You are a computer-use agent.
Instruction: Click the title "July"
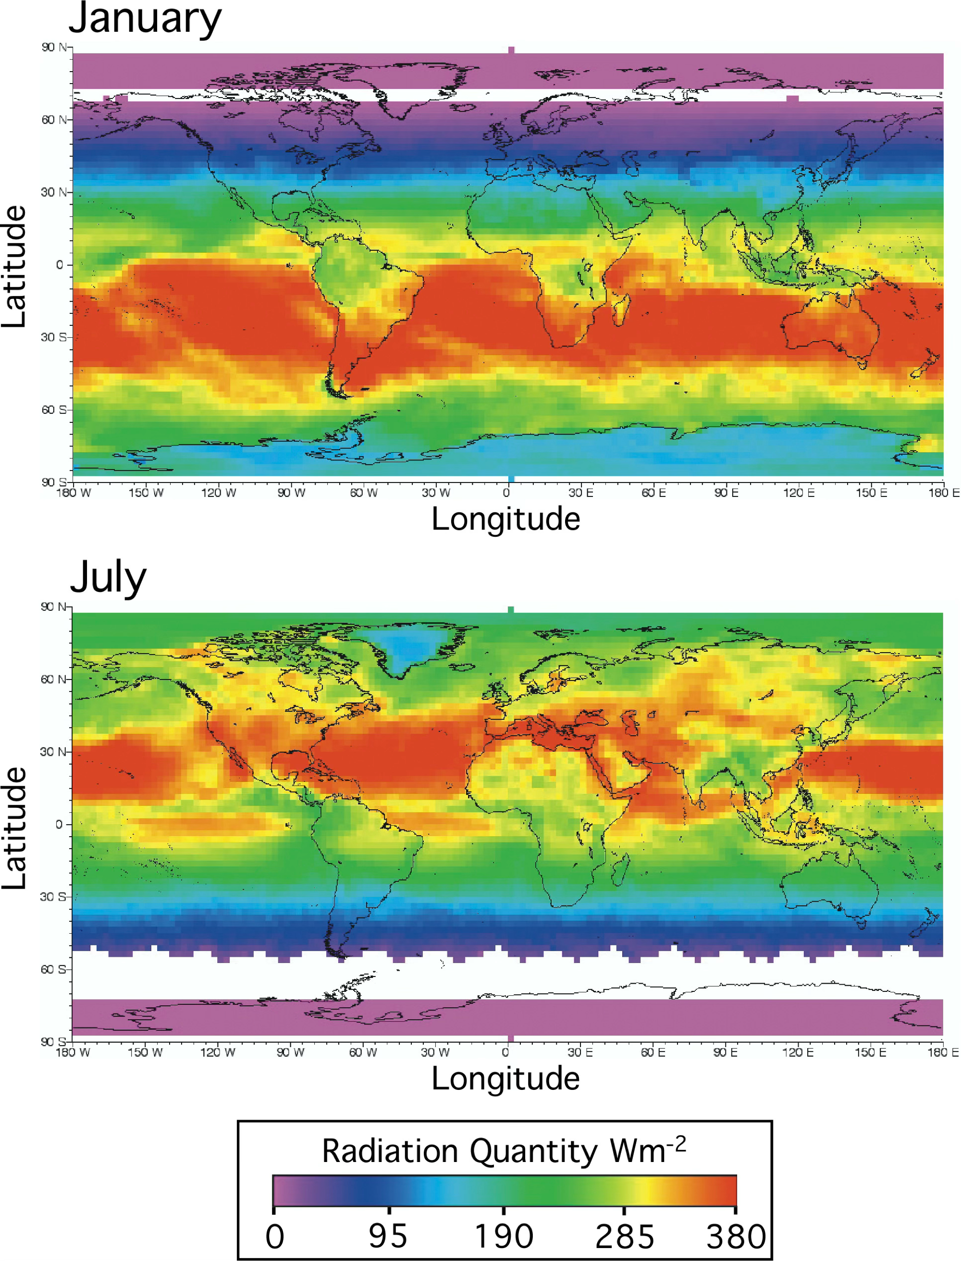click(x=108, y=579)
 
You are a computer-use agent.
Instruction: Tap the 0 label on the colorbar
click(x=274, y=1236)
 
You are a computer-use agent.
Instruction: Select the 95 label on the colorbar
click(x=388, y=1236)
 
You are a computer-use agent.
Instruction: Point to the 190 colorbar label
click(x=504, y=1236)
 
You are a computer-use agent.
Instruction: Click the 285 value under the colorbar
click(x=625, y=1236)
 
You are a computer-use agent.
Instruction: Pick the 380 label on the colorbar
click(x=736, y=1236)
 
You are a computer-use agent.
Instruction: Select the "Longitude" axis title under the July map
click(x=505, y=1079)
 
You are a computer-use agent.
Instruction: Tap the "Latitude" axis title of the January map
click(x=14, y=267)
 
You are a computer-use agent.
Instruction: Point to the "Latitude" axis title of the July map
click(x=14, y=828)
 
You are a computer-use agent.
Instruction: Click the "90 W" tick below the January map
click(x=291, y=493)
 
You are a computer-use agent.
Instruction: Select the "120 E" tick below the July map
click(x=798, y=1052)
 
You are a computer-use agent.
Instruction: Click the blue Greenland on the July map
click(x=409, y=649)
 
